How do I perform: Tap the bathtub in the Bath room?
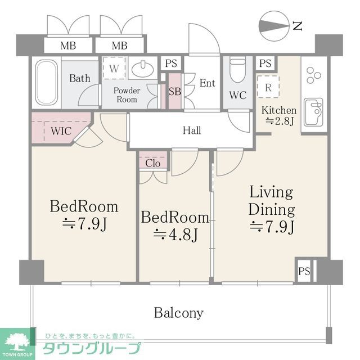pos(46,83)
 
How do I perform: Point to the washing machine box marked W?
pos(114,69)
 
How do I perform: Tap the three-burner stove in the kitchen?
pos(313,75)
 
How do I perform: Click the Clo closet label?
pos(153,163)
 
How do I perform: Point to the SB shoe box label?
pos(175,90)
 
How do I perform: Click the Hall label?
pos(192,130)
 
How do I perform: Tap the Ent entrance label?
pos(207,83)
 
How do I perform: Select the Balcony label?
pos(179,313)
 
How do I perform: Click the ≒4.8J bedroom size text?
pos(175,233)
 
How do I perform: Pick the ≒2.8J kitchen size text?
pos(278,121)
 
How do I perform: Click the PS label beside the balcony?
pos(304,271)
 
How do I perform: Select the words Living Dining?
pos(272,201)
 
